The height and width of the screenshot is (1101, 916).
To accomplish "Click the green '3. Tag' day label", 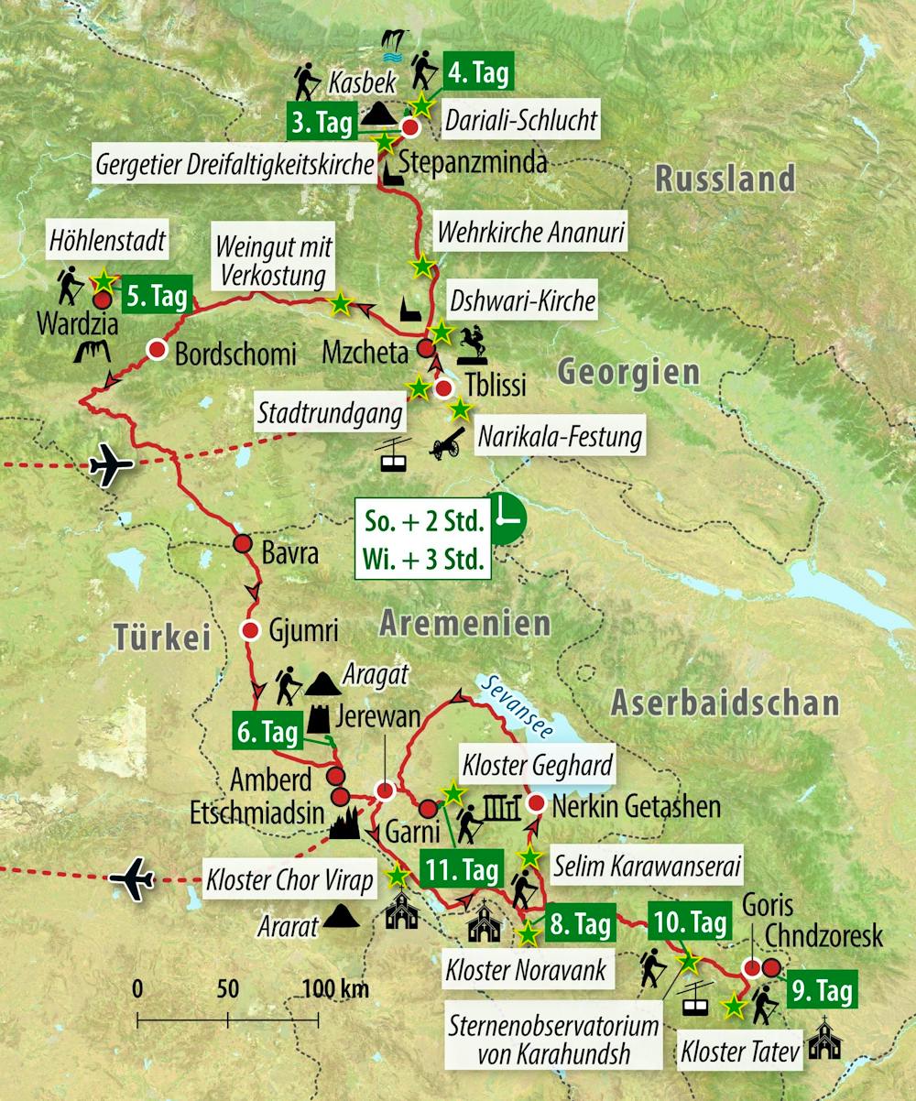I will click(321, 123).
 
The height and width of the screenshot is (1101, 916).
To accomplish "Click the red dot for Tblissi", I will click(443, 388).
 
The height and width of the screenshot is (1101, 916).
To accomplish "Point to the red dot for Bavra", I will click(242, 544).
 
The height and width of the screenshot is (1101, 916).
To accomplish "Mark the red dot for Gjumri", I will click(250, 629).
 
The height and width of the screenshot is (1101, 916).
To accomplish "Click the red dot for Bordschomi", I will click(157, 349).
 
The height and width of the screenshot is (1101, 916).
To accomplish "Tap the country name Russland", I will click(725, 179).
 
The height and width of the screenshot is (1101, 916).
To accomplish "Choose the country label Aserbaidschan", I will click(724, 703).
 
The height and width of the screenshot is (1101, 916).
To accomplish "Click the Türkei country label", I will click(163, 636).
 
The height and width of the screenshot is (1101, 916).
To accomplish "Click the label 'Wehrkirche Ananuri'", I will click(530, 234).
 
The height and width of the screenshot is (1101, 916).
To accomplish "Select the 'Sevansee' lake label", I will click(518, 703).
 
